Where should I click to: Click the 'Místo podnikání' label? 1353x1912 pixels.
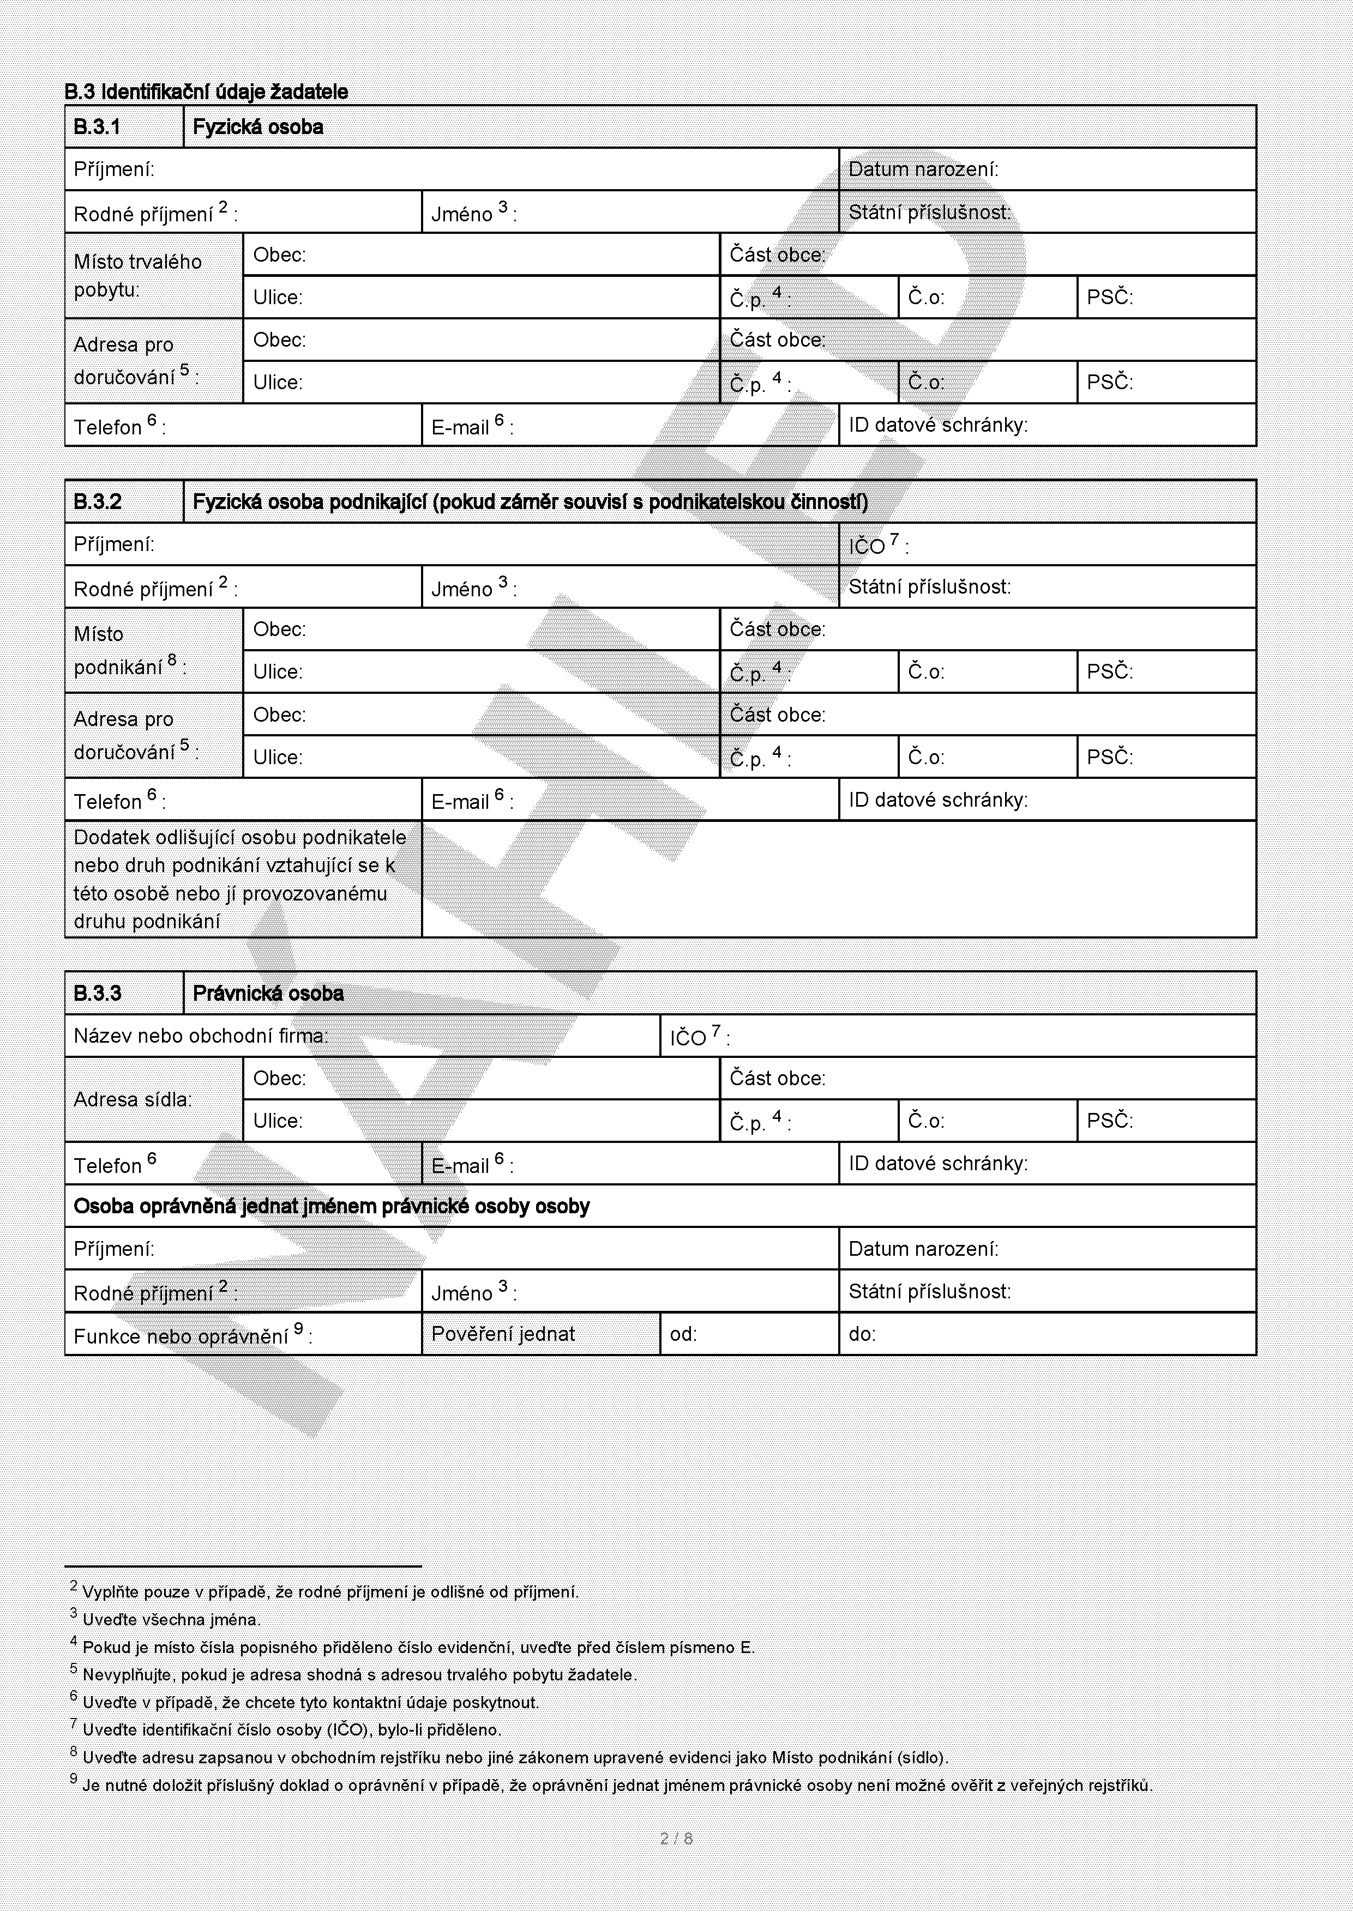(129, 650)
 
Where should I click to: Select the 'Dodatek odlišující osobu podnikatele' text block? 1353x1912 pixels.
(240, 879)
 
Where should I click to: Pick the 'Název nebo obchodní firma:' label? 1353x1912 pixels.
(201, 1036)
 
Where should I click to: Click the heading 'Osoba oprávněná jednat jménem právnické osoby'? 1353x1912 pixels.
(332, 1207)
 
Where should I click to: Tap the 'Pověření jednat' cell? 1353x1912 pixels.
(503, 1334)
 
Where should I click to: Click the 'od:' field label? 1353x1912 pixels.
(683, 1334)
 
